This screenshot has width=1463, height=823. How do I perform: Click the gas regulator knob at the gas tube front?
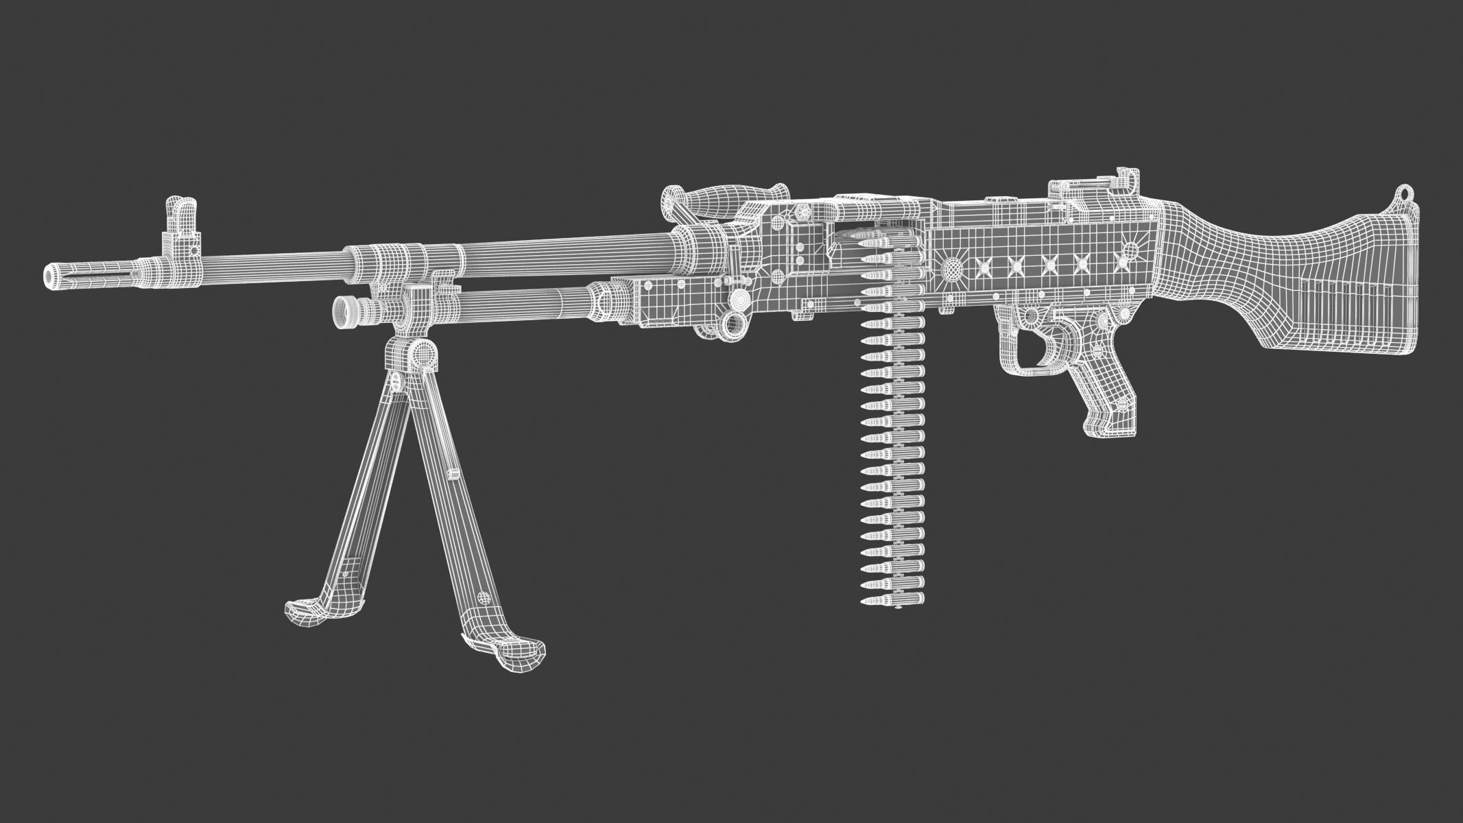343,309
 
